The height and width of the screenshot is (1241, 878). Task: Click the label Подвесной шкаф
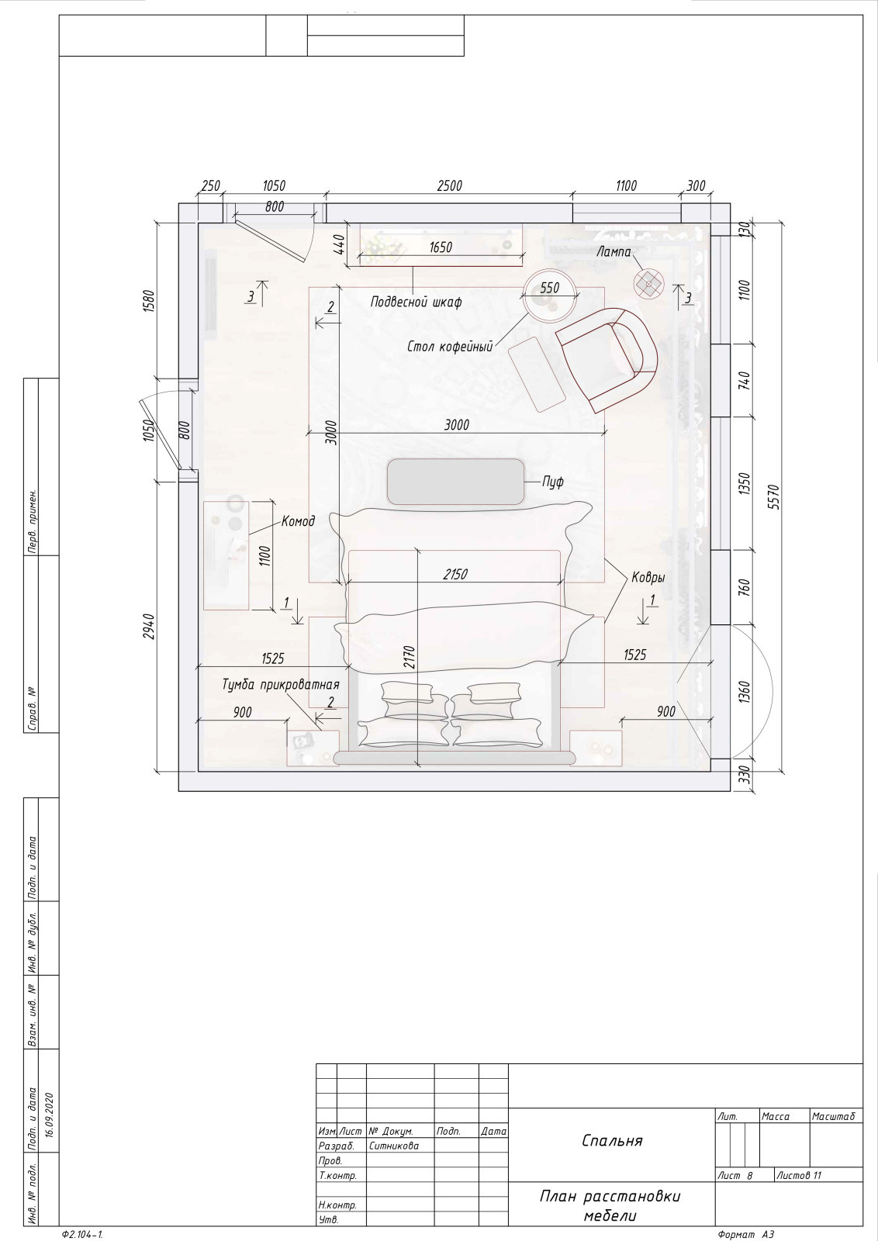416,302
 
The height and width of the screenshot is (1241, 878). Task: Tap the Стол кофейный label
450,347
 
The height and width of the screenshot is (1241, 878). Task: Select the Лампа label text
614,251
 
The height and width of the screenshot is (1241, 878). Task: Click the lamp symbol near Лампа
648,284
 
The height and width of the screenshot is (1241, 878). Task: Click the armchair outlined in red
607,360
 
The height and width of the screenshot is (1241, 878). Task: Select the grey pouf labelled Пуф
455,482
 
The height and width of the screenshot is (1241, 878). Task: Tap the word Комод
298,520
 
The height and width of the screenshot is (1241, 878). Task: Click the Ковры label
648,578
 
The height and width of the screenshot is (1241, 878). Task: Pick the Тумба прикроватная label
280,685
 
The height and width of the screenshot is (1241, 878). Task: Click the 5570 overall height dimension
774,497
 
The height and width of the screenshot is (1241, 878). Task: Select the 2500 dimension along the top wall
449,185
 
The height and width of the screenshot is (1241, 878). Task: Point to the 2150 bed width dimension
455,575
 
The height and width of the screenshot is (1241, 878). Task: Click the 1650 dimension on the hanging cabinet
441,247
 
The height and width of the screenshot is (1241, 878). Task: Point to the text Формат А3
745,1234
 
